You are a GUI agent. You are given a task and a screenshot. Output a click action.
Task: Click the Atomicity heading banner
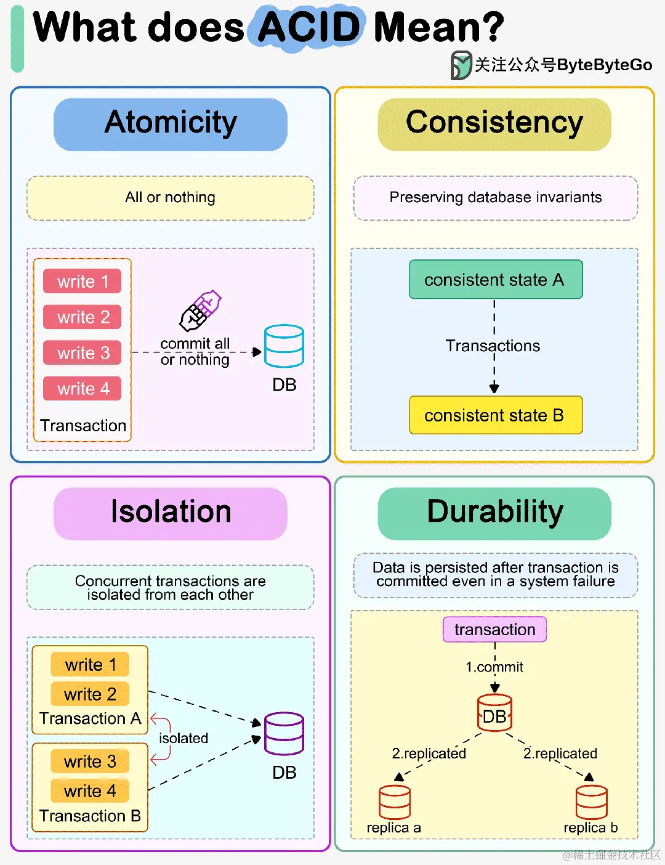click(171, 124)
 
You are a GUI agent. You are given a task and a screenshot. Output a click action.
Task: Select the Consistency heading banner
click(494, 124)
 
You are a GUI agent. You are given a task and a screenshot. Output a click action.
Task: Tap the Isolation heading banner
click(171, 513)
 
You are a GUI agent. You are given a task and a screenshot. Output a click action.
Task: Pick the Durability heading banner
click(494, 513)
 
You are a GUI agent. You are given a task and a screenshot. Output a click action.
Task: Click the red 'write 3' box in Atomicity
click(83, 353)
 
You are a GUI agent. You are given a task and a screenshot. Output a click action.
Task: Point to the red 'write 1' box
click(83, 282)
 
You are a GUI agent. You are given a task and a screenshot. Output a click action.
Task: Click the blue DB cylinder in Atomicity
click(284, 346)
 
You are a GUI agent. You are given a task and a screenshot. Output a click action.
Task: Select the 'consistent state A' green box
click(496, 280)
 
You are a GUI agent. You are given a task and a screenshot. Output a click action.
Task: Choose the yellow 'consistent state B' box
click(496, 415)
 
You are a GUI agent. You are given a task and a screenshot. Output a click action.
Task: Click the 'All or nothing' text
click(171, 198)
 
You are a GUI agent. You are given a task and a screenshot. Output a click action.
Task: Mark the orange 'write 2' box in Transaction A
click(90, 694)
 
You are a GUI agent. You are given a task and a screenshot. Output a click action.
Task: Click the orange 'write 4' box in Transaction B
click(90, 791)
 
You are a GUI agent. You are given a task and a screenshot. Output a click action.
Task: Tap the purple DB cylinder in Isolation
click(284, 733)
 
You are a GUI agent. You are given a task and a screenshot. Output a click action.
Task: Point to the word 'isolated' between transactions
click(183, 738)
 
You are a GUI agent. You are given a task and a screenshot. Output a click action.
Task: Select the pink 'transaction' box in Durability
click(494, 630)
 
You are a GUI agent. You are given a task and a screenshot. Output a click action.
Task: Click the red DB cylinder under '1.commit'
click(494, 713)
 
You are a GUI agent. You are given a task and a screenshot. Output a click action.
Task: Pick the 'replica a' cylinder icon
click(395, 802)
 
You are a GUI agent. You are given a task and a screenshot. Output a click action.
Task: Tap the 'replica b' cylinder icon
click(591, 802)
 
